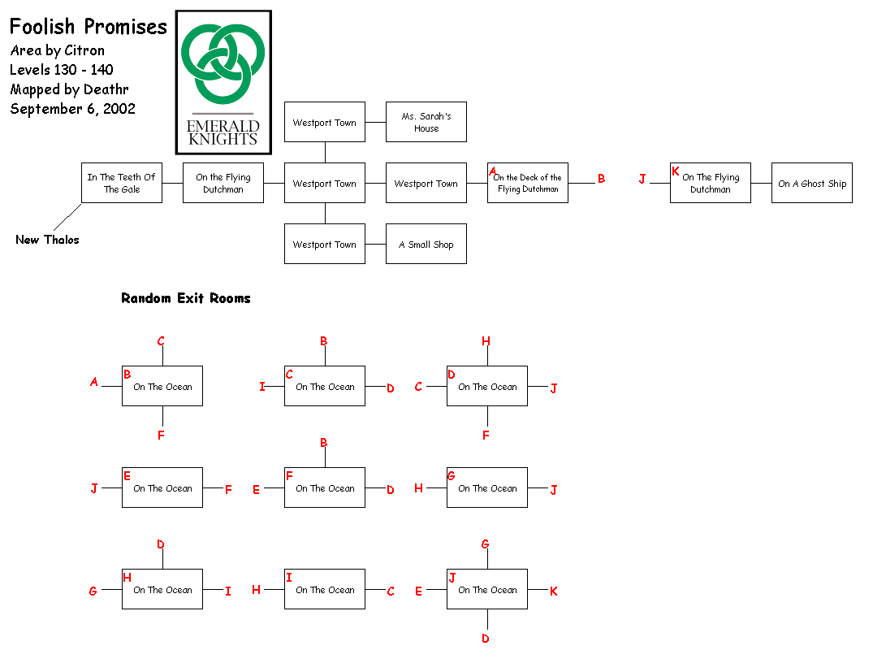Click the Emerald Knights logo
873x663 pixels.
[x=223, y=82]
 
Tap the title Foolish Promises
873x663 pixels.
[x=89, y=27]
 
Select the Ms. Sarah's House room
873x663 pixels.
[x=426, y=122]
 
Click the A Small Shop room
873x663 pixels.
[x=426, y=244]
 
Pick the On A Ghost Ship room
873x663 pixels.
[x=812, y=183]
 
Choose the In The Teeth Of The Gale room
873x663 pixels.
[x=122, y=183]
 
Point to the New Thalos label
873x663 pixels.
[x=47, y=240]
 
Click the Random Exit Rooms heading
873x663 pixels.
[x=186, y=298]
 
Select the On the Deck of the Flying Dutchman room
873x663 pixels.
[x=528, y=183]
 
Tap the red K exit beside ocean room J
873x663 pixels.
[x=554, y=591]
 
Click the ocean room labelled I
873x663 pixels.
[x=325, y=589]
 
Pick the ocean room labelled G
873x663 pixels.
[x=487, y=487]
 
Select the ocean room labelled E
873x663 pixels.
[x=162, y=487]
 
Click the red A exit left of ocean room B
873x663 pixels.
[x=94, y=382]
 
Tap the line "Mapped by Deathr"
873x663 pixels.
[x=69, y=89]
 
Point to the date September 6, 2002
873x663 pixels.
[x=72, y=109]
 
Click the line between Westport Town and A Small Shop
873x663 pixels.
[x=375, y=244]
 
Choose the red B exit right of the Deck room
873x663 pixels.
[x=602, y=179]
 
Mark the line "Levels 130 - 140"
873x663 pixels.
[x=62, y=70]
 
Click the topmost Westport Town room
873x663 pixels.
[x=325, y=122]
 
